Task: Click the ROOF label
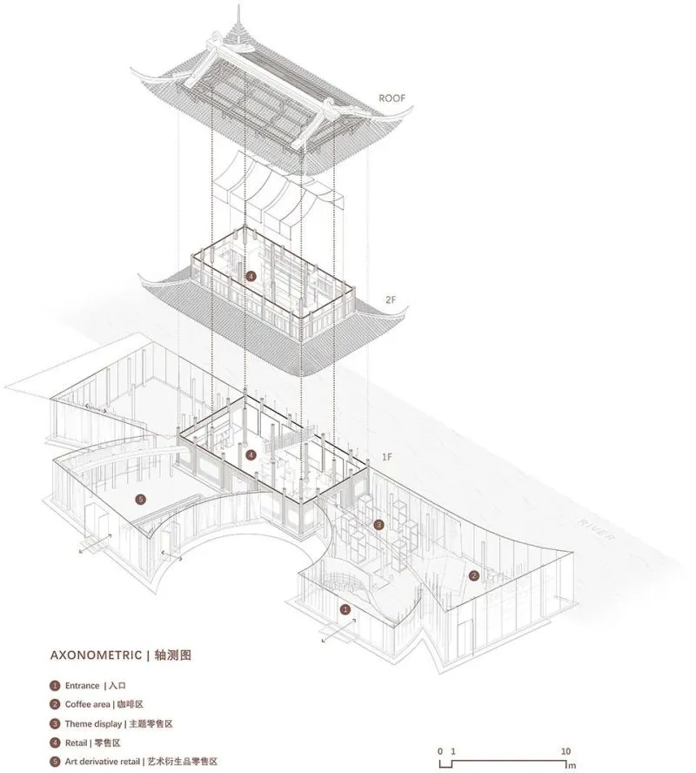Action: click(x=392, y=98)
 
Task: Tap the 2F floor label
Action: click(x=391, y=299)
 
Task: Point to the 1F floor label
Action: click(x=387, y=457)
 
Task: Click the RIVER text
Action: click(x=596, y=530)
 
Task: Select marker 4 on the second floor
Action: click(x=251, y=276)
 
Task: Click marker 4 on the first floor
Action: click(x=251, y=454)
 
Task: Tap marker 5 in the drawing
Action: click(x=140, y=500)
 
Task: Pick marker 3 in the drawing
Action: click(x=378, y=525)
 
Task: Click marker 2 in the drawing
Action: click(x=474, y=575)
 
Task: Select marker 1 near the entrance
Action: click(x=345, y=610)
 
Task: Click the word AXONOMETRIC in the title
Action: click(x=96, y=655)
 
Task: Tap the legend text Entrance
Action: click(x=83, y=686)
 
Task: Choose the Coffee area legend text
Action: click(x=87, y=704)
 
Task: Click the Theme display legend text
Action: click(x=93, y=724)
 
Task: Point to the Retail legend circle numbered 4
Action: click(x=55, y=743)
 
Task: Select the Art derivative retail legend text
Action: click(x=103, y=762)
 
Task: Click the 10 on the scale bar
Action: click(x=565, y=751)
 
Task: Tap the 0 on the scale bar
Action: click(x=440, y=751)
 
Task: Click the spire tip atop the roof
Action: click(x=239, y=6)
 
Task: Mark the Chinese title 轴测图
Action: click(x=172, y=655)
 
